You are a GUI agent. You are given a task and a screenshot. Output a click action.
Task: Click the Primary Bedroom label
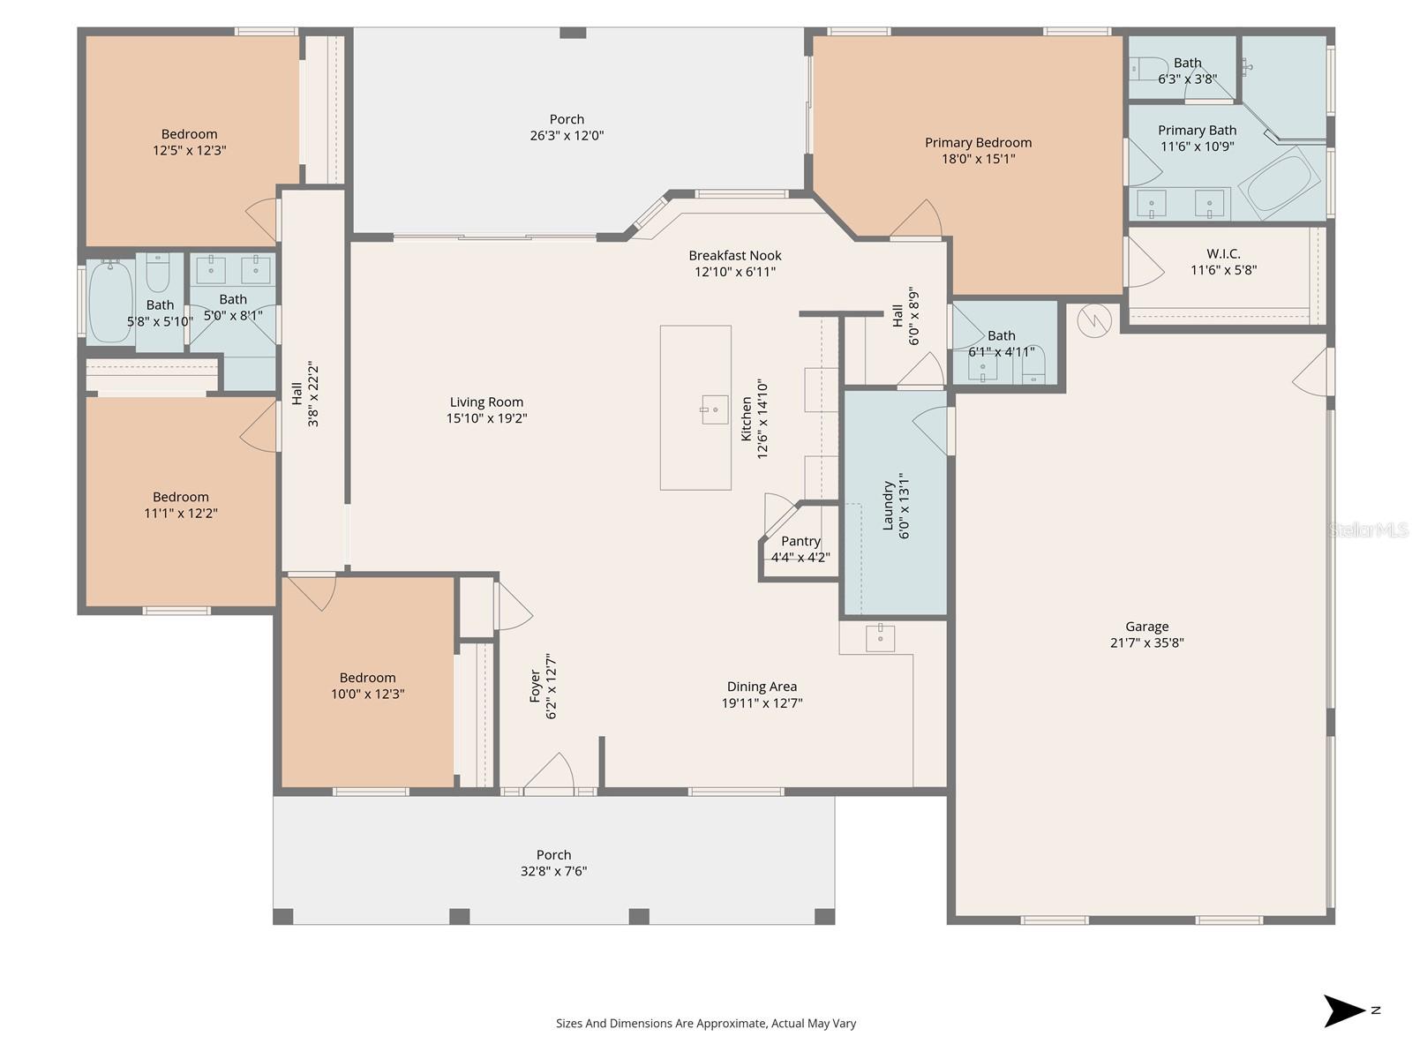click(978, 143)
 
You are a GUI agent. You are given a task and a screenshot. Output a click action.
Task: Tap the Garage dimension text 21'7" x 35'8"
click(1146, 643)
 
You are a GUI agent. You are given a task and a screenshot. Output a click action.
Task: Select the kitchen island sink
click(714, 409)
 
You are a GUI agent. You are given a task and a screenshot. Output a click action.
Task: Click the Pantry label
click(800, 541)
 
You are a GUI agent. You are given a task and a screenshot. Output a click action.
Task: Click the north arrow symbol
click(1345, 1010)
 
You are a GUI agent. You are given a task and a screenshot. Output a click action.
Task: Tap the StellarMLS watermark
click(1369, 529)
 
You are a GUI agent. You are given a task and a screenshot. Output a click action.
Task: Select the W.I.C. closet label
click(1223, 254)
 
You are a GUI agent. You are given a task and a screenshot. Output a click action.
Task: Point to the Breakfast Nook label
click(735, 256)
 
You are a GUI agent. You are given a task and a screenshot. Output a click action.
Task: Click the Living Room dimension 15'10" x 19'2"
click(486, 418)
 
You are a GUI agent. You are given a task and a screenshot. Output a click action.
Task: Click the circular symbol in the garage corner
click(1093, 320)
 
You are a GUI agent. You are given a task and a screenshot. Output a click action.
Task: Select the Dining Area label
click(762, 687)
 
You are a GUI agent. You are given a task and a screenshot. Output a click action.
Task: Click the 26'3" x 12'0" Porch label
click(567, 119)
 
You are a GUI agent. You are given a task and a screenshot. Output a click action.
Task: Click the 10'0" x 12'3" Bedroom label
click(367, 678)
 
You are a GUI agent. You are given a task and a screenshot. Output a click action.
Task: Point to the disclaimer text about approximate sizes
click(705, 1024)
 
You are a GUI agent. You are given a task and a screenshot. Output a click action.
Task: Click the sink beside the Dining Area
click(880, 637)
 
